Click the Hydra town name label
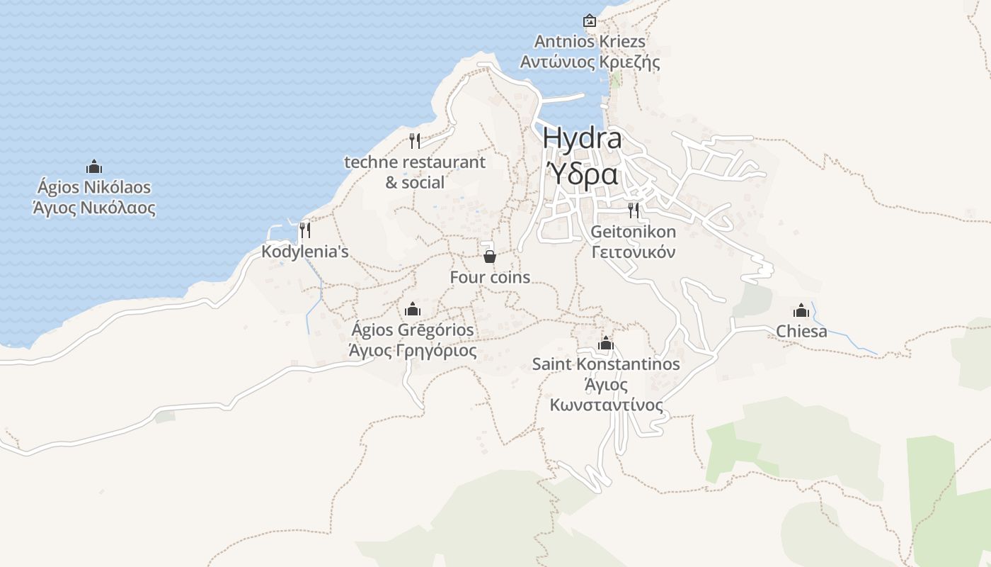583,138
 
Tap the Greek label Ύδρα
583,173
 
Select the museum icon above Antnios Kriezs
589,21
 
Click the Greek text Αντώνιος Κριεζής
590,62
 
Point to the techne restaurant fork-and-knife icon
415,141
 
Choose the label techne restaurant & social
415,172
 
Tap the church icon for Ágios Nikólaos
94,167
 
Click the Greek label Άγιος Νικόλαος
94,208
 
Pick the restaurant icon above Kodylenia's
305,230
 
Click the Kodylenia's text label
305,252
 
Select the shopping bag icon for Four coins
489,256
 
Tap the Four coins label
490,277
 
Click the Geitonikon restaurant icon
634,210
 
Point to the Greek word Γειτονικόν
634,252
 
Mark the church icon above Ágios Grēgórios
413,310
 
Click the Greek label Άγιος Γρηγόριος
413,350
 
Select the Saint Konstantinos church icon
606,344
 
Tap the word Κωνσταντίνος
607,405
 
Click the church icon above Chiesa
801,310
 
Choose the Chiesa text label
801,331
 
